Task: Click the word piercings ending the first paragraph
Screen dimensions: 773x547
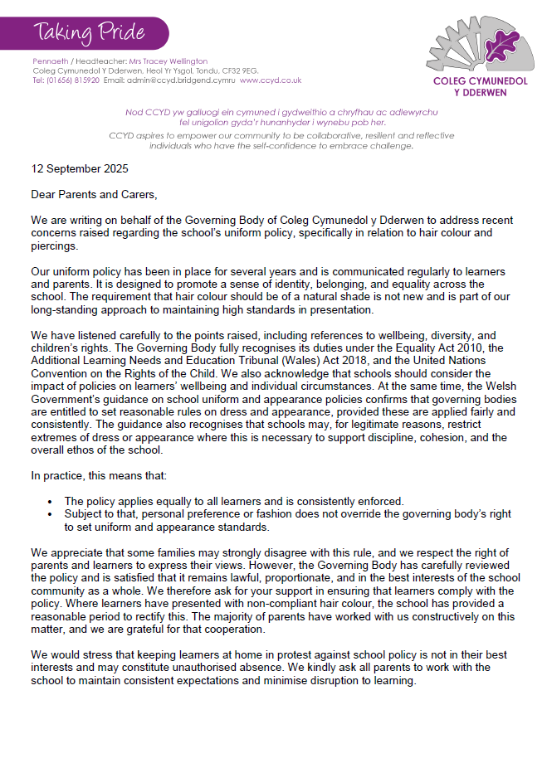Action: pos(53,246)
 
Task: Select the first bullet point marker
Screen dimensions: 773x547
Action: pos(51,502)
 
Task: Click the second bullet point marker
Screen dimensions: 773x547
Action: pos(51,514)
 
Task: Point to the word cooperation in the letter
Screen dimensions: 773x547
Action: pos(227,629)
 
